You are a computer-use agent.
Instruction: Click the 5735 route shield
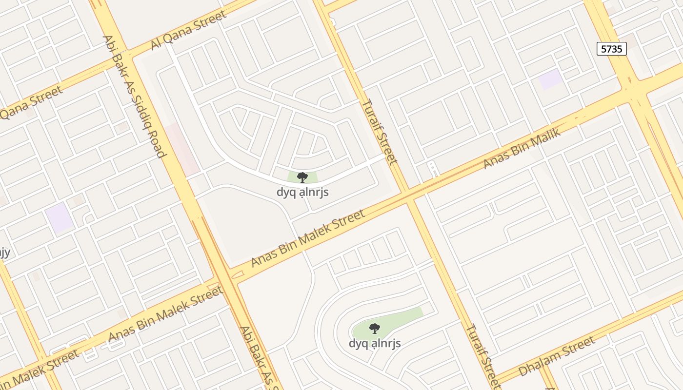point(611,49)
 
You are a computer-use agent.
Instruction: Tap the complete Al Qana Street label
point(188,30)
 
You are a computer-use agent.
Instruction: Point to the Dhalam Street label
point(556,356)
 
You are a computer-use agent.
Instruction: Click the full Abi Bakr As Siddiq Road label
point(134,97)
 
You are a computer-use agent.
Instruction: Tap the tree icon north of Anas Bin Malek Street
point(302,177)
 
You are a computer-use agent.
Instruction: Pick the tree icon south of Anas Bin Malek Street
point(374,328)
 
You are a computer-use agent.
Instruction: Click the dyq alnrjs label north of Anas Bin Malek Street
point(302,192)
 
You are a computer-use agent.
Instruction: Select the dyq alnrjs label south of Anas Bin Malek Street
point(374,343)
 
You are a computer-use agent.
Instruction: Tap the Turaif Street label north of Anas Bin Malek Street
point(379,131)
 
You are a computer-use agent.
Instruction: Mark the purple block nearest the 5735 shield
point(551,79)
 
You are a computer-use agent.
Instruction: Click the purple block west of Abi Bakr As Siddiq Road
point(60,218)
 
